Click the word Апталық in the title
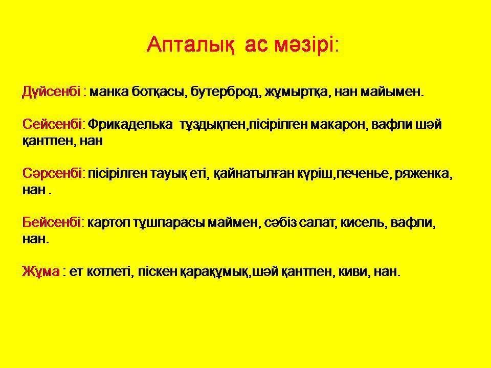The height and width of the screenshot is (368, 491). [190, 45]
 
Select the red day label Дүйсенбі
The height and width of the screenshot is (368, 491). [51, 91]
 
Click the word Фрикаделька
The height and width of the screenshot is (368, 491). [130, 124]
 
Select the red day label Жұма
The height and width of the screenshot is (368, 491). [41, 271]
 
